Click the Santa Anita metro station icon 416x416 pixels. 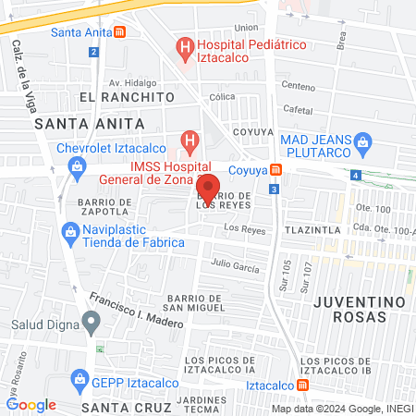(x=120, y=32)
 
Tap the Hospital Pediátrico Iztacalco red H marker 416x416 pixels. (x=185, y=45)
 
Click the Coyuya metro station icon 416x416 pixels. (x=275, y=169)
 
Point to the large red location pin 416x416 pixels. (x=208, y=188)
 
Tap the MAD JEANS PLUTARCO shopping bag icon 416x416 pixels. (x=364, y=141)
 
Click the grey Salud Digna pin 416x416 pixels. (x=91, y=322)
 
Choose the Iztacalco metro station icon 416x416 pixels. (x=303, y=385)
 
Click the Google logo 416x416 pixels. (x=31, y=405)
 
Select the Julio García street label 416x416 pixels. (x=235, y=264)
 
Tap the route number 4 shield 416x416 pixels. (x=357, y=175)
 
